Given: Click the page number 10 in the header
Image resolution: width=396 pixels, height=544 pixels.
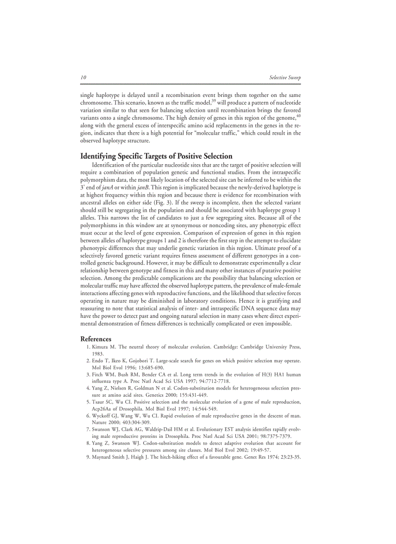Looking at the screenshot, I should pyautogui.click(x=83, y=78).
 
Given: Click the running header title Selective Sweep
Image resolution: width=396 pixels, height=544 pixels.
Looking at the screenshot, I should pyautogui.click(x=285, y=78).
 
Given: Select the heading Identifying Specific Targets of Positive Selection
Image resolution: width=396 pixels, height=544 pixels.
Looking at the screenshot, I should pyautogui.click(x=156, y=156).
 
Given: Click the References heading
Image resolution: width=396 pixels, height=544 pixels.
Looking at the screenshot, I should pyautogui.click(x=96, y=339).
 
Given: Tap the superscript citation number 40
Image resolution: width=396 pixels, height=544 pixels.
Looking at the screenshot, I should pyautogui.click(x=298, y=115).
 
